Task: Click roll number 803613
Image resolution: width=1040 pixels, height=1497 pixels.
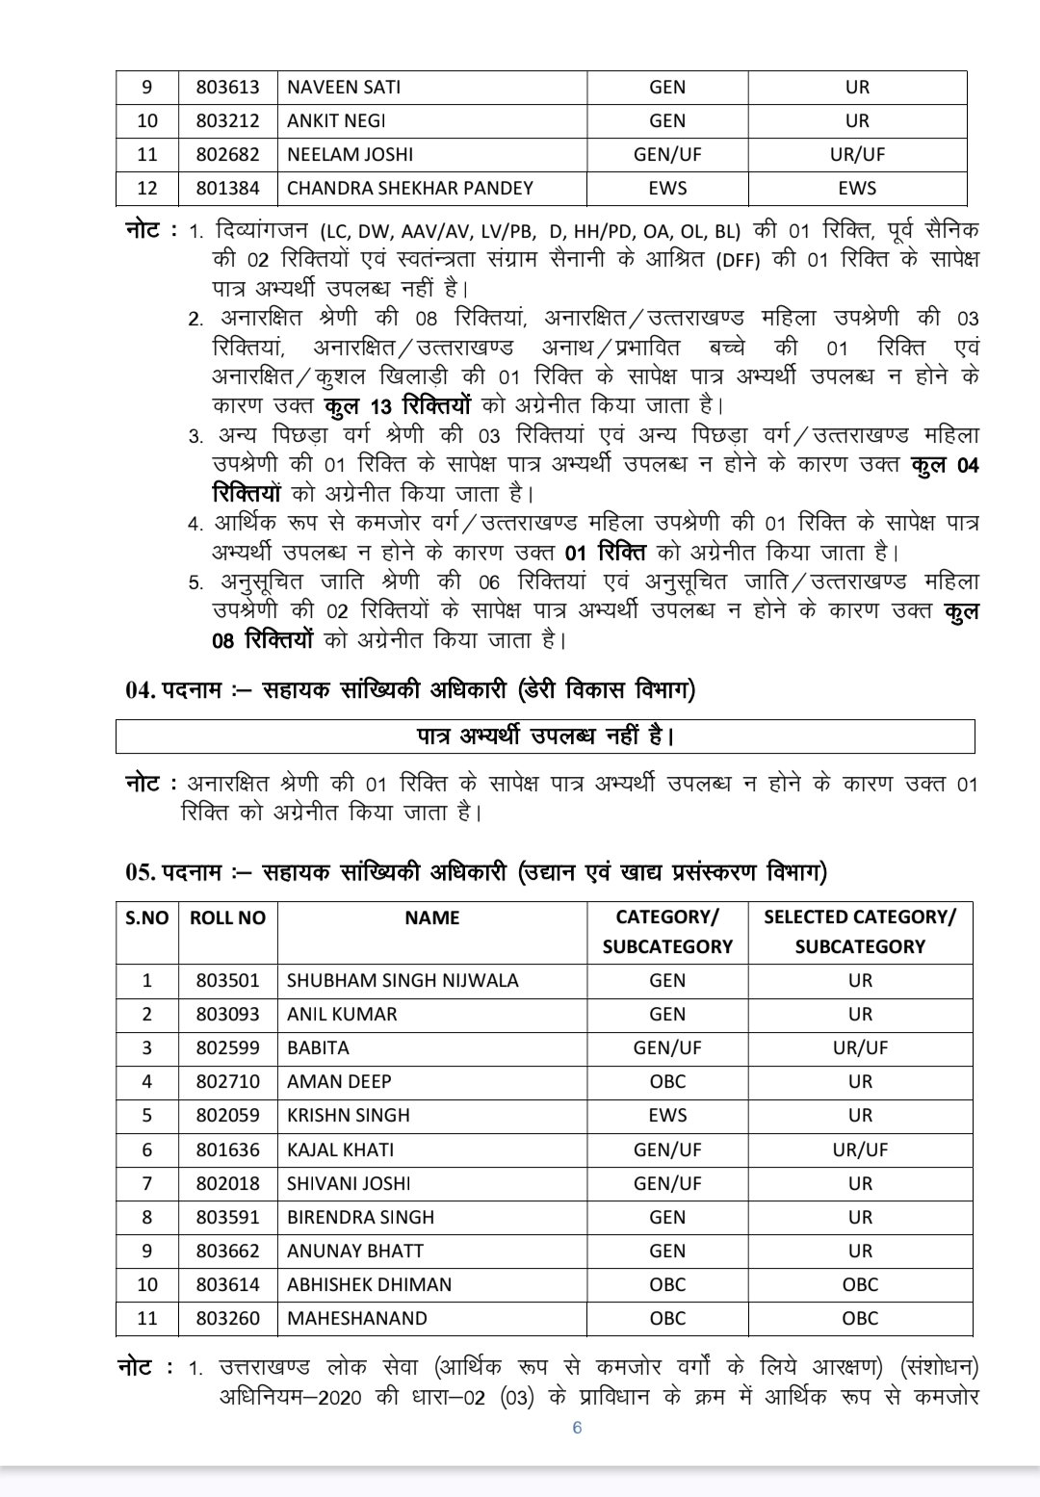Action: [x=227, y=88]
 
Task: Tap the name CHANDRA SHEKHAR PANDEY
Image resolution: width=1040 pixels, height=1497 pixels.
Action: [x=409, y=189]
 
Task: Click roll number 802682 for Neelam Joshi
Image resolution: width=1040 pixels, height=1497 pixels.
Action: [x=227, y=155]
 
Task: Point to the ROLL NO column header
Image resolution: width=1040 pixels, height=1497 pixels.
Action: [x=227, y=918]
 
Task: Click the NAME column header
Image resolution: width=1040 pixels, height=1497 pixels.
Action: [x=431, y=918]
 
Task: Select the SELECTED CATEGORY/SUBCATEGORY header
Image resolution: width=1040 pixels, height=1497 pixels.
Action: [x=859, y=932]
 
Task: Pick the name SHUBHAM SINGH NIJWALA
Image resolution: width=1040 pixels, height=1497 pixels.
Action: [x=403, y=981]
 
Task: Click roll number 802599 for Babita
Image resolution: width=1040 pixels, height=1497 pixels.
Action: [x=227, y=1048]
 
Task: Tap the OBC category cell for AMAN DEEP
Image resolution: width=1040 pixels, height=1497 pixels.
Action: [x=667, y=1082]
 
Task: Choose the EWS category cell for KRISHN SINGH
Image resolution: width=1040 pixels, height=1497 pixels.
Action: [x=667, y=1116]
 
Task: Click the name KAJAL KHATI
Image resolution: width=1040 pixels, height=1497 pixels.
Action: [x=340, y=1150]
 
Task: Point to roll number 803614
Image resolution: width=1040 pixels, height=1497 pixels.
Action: [x=227, y=1285]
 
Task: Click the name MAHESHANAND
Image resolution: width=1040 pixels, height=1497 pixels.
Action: [x=356, y=1319]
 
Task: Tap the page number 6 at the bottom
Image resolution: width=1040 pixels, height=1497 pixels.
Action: [x=577, y=1428]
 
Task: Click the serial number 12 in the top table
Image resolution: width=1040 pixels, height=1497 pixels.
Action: [x=147, y=189]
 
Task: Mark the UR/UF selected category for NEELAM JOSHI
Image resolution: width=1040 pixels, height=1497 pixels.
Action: [x=857, y=155]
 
